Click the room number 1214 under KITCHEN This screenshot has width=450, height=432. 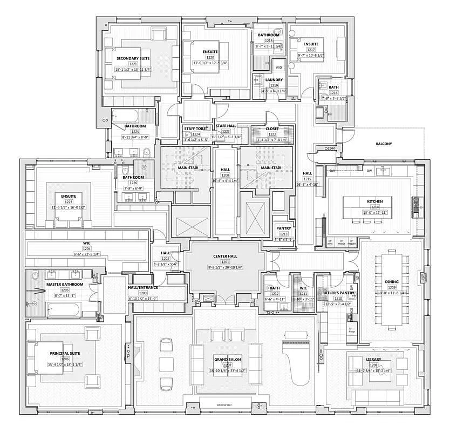tap(374, 207)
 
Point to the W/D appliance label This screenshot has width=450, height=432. tap(279, 67)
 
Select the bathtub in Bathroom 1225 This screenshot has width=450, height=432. tap(125, 116)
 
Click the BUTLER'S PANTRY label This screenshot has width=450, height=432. tap(338, 292)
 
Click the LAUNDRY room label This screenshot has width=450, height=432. tap(274, 80)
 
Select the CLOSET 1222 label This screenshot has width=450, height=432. tap(272, 129)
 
